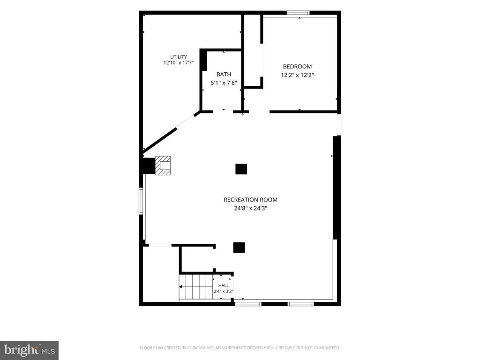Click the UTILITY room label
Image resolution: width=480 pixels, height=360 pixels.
pos(179,57)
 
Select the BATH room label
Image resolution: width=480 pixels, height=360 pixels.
pos(224,74)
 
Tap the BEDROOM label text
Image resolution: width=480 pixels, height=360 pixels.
pos(297,67)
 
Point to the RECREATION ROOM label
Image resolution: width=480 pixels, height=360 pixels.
pos(250,200)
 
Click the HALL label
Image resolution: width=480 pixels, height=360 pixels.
pos(224,285)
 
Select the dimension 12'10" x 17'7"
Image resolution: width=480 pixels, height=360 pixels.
pos(179,63)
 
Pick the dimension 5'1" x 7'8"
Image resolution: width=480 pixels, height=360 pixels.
pos(224,82)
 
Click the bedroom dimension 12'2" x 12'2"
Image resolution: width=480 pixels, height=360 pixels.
pos(297,75)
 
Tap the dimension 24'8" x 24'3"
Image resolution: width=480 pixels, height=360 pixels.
pos(250,208)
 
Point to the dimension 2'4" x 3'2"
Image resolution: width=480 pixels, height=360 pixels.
pos(224,292)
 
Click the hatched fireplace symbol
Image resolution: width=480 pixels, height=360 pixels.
pos(163,165)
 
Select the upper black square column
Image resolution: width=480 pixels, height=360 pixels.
pos(241,169)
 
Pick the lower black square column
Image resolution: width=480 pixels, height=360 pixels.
pos(239,247)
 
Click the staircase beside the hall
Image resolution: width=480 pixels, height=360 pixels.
pos(196,287)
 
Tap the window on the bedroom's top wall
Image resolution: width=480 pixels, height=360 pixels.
pos(298,13)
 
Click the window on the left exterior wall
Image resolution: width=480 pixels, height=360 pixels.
pos(141,201)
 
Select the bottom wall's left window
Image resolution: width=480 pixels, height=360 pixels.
pos(248,304)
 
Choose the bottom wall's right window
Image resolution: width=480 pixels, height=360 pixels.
pos(300,304)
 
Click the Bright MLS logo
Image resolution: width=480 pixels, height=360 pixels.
pos(30,350)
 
